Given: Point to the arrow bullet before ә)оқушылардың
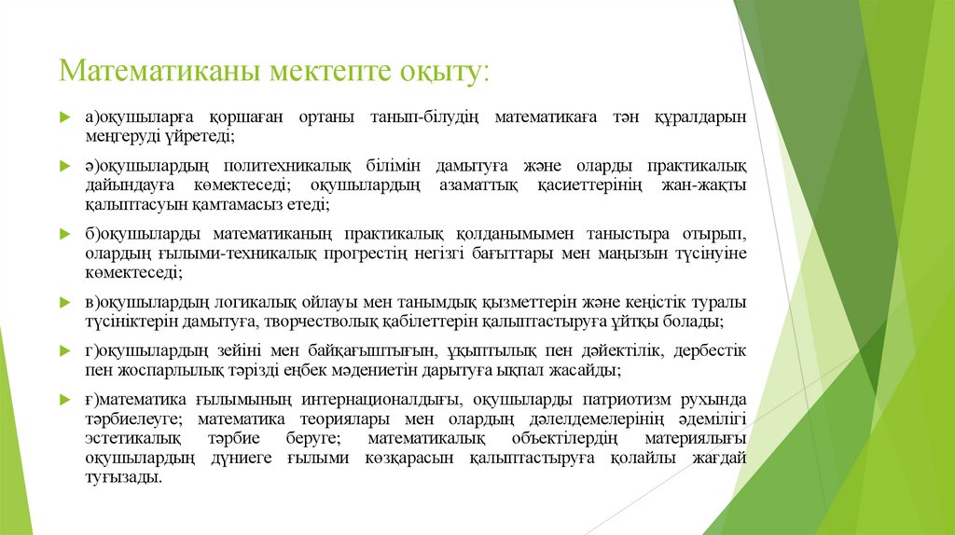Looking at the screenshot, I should [x=64, y=167].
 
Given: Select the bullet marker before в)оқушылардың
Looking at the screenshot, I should [x=64, y=303].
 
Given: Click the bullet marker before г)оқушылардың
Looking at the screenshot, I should [x=64, y=351].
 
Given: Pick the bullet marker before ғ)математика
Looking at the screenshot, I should [x=64, y=400].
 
